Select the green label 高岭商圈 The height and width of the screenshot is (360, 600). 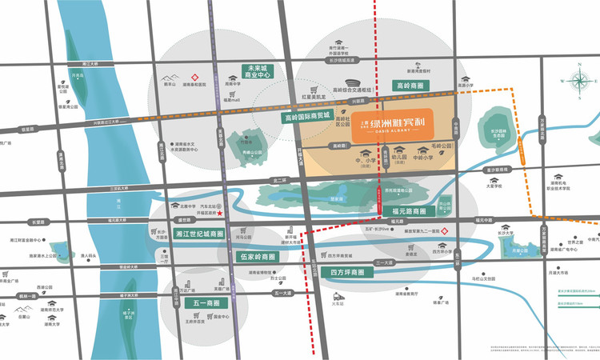point(412,85)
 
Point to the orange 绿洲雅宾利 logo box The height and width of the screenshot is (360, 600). point(393,126)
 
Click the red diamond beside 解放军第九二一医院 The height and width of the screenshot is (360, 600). point(455,230)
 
